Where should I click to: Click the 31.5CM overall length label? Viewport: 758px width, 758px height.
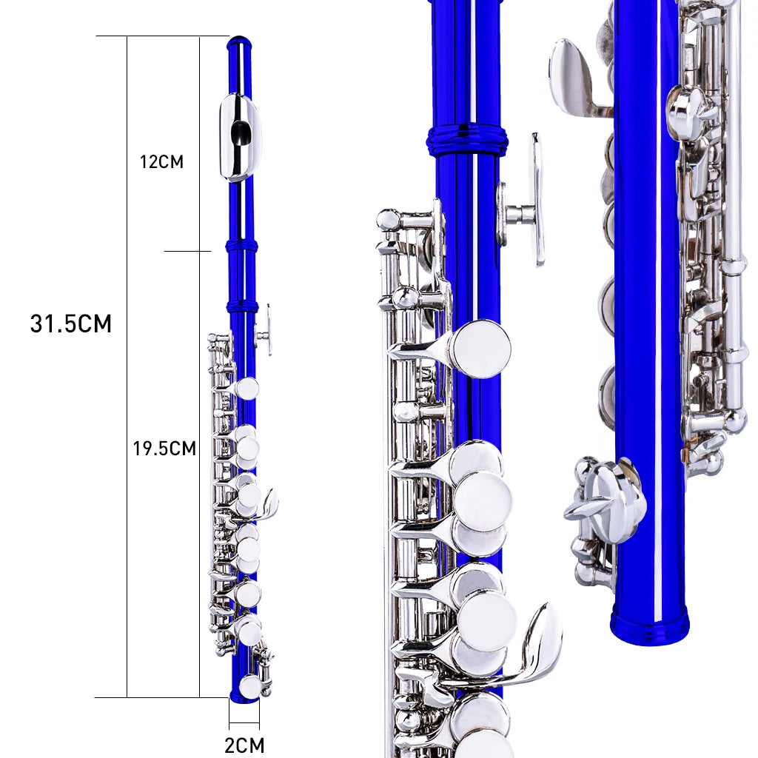(70, 323)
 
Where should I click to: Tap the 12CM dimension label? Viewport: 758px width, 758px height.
(161, 161)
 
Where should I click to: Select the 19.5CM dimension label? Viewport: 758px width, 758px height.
(164, 449)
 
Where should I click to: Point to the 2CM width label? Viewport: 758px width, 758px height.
(244, 745)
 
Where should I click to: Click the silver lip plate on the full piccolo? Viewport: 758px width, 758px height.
(240, 138)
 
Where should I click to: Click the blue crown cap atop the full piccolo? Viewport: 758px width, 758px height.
(239, 42)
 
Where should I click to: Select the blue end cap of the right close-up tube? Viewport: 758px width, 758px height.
(650, 625)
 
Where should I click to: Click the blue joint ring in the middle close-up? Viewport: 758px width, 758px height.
(467, 139)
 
